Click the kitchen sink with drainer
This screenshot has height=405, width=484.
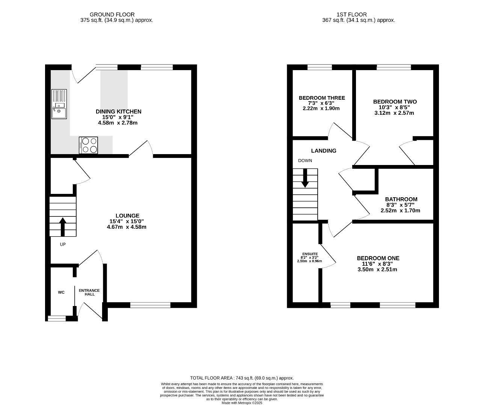tap(59, 104)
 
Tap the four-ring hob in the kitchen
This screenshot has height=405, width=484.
tap(88, 145)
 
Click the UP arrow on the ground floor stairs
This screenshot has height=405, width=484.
tap(63, 227)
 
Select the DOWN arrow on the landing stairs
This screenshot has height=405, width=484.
tap(305, 178)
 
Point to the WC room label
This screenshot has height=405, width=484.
tap(61, 292)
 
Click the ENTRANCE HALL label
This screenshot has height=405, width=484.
tap(89, 292)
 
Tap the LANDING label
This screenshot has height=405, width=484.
tap(324, 151)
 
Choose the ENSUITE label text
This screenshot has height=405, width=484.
tap(310, 254)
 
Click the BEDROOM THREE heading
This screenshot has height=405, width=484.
tap(322, 98)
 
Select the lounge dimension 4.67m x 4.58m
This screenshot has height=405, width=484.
tap(127, 227)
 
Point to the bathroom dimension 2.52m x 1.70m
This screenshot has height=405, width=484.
tap(400, 210)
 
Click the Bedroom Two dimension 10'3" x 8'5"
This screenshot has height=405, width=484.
tap(394, 108)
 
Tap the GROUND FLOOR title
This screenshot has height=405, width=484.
tap(112, 15)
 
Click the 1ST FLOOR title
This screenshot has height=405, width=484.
tap(352, 15)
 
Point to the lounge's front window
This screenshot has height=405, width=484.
tap(150, 305)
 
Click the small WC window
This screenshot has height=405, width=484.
tap(57, 318)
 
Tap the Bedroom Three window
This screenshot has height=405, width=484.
tap(320, 67)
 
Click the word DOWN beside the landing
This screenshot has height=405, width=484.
tap(305, 160)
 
